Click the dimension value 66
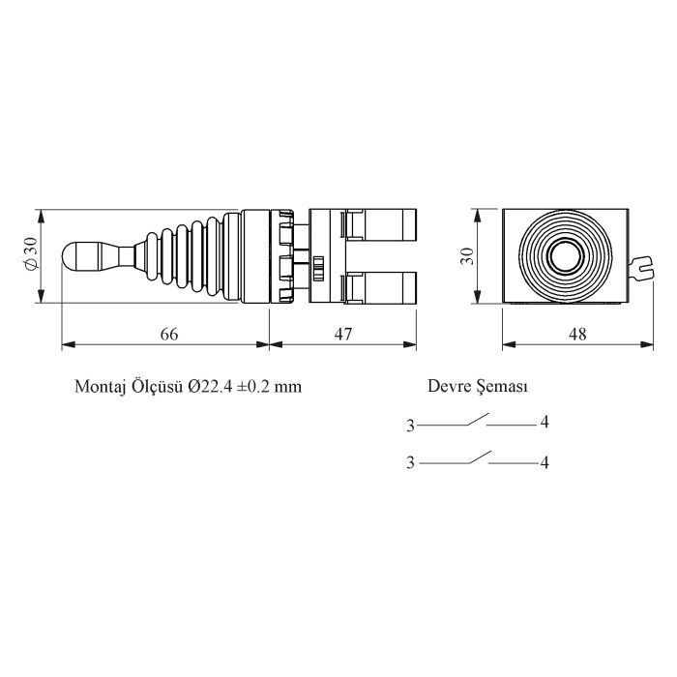pyautogui.click(x=168, y=334)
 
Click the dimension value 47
pyautogui.click(x=342, y=334)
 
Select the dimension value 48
pyautogui.click(x=576, y=334)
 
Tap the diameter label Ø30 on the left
pyautogui.click(x=30, y=255)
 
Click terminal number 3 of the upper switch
pyautogui.click(x=410, y=425)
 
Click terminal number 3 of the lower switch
pyautogui.click(x=410, y=463)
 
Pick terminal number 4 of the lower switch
pyautogui.click(x=545, y=463)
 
